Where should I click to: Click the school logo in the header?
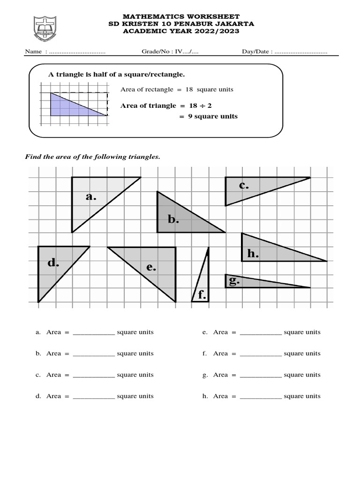(x=45, y=29)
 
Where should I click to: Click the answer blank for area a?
(x=94, y=332)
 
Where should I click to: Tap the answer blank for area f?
(x=261, y=354)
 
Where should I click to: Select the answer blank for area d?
(x=94, y=397)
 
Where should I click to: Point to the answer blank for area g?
(x=261, y=375)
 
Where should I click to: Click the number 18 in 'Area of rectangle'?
(x=189, y=89)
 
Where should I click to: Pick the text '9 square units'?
(x=213, y=116)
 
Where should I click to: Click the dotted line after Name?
(x=77, y=52)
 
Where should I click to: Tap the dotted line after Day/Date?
(x=301, y=52)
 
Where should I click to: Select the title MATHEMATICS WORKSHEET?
(x=180, y=17)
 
